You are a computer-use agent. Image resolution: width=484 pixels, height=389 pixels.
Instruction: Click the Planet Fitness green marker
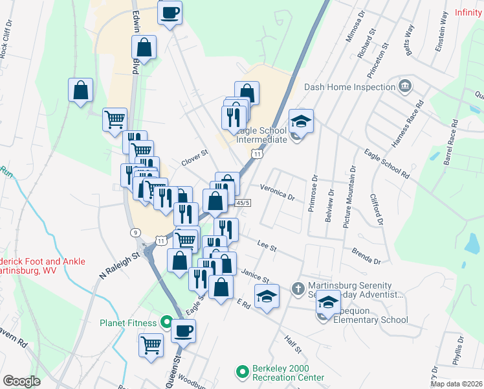pos(166,322)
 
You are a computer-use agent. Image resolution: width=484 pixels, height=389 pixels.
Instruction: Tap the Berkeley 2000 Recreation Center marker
pos(242,372)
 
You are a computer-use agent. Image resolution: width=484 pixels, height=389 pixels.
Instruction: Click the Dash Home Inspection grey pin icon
pos(405,86)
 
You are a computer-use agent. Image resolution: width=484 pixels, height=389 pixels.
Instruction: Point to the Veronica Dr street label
pos(277,192)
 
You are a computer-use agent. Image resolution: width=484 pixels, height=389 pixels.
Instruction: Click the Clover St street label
pos(193,158)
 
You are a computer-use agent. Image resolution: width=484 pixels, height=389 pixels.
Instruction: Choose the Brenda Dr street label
pos(366,255)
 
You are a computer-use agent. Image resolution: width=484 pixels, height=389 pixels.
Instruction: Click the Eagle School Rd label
pos(387,164)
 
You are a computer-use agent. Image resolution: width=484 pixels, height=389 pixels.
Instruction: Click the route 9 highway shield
pos(135,232)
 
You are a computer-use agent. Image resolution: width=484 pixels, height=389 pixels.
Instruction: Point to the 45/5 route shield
pos(243,203)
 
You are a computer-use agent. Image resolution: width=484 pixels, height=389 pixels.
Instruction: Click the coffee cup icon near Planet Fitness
pos(183,331)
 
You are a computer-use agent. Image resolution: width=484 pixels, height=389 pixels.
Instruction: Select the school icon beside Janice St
pos(266,296)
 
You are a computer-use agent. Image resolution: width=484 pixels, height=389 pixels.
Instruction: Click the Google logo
pos(21,381)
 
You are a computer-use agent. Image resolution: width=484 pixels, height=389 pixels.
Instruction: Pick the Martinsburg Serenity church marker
pos(298,287)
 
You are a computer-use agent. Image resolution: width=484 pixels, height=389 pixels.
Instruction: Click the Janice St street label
pos(255,276)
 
